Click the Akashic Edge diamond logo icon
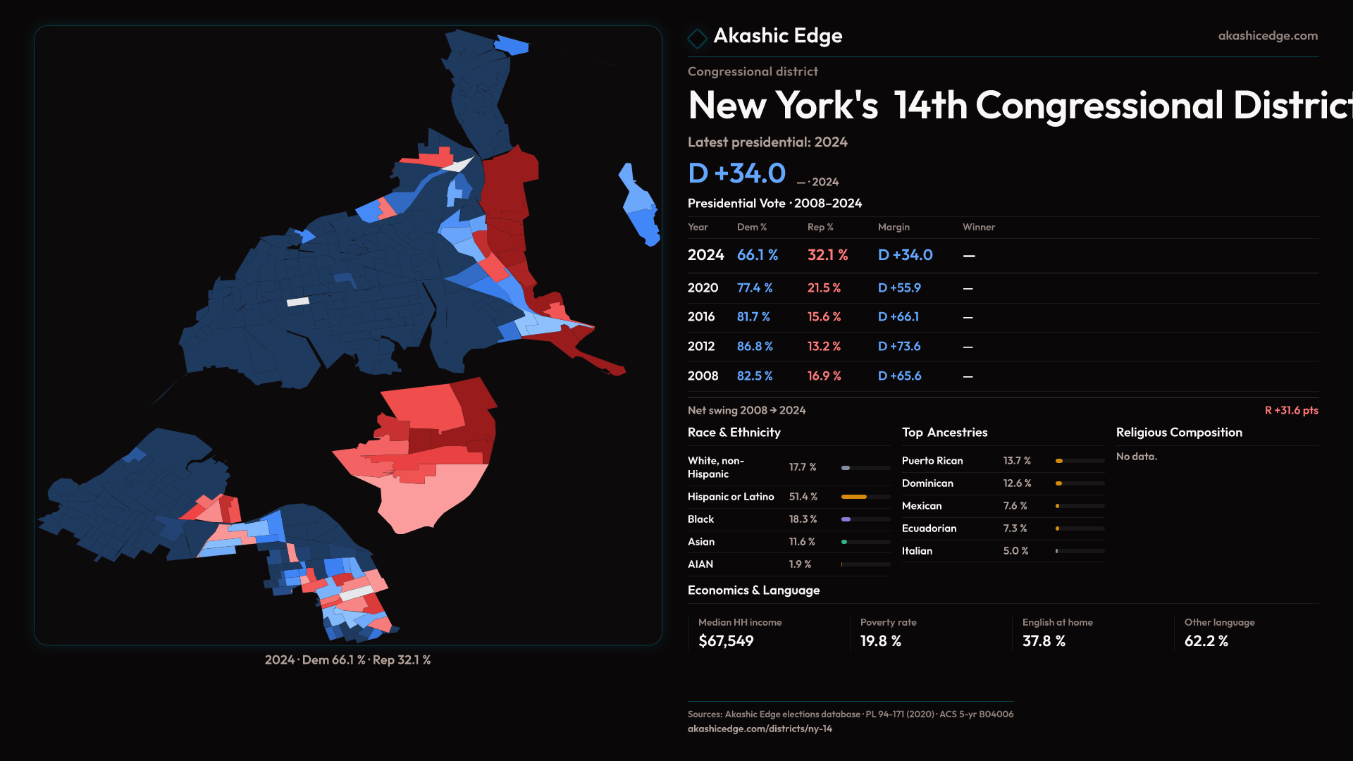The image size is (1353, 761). pos(697,38)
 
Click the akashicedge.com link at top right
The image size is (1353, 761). pos(1268,36)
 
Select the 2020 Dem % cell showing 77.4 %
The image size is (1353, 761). pos(755,288)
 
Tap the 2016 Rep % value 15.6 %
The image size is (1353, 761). pos(824,317)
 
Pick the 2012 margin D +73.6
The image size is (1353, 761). pos(899,347)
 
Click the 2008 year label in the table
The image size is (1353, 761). pos(703,376)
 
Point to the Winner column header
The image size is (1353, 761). pos(979,227)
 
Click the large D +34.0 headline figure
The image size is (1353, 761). pos(736,173)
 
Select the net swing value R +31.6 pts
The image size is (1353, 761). pos(1291,411)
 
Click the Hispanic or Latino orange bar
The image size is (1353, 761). pos(854,497)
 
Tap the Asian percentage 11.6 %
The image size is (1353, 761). pos(802,542)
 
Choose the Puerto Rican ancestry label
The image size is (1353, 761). pos(932,461)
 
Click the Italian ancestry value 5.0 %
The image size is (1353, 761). pos(1015,551)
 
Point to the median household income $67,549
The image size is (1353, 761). pos(726,641)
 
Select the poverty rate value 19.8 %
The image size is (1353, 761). pos(881,641)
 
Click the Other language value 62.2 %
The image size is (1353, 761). pos(1206,641)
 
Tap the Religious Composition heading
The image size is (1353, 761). pos(1179,433)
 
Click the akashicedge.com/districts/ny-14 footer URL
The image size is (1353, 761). pos(760,729)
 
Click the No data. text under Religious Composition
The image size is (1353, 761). pos(1137,457)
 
